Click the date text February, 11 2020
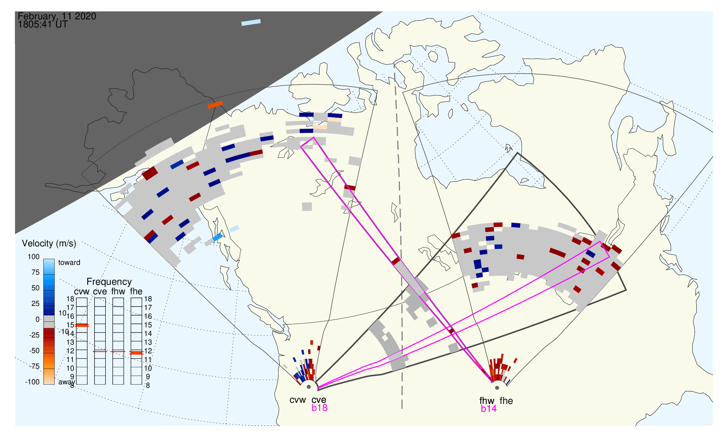point(57,16)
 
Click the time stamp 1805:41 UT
point(43,25)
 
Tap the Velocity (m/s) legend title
point(49,244)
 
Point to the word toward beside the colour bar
point(69,263)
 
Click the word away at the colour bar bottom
point(67,382)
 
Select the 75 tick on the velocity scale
point(36,272)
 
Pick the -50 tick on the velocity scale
point(34,351)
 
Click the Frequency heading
point(109,282)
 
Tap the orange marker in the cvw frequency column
point(82,326)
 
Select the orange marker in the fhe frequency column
point(136,353)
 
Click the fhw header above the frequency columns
point(118,291)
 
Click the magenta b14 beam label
point(489,409)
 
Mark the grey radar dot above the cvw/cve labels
point(309,387)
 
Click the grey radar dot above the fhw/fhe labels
point(497,388)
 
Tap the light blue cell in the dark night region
point(251,23)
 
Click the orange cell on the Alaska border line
point(215,104)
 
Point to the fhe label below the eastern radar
point(506,401)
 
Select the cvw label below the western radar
point(297,400)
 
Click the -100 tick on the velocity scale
point(32,382)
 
